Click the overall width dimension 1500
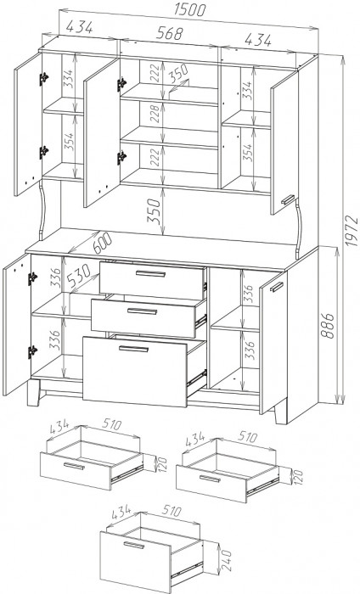tap(189, 10)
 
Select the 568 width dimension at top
tap(170, 33)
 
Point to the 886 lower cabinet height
tap(329, 325)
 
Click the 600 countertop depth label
tap(92, 243)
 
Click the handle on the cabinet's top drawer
tap(151, 273)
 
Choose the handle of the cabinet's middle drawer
tap(142, 311)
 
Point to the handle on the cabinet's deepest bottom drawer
tap(134, 349)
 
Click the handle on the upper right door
tap(288, 199)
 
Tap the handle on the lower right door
tap(277, 287)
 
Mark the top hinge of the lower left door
tap(32, 278)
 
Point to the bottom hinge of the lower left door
tap(32, 352)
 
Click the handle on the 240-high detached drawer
tap(134, 545)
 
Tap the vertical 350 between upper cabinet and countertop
tap(155, 210)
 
